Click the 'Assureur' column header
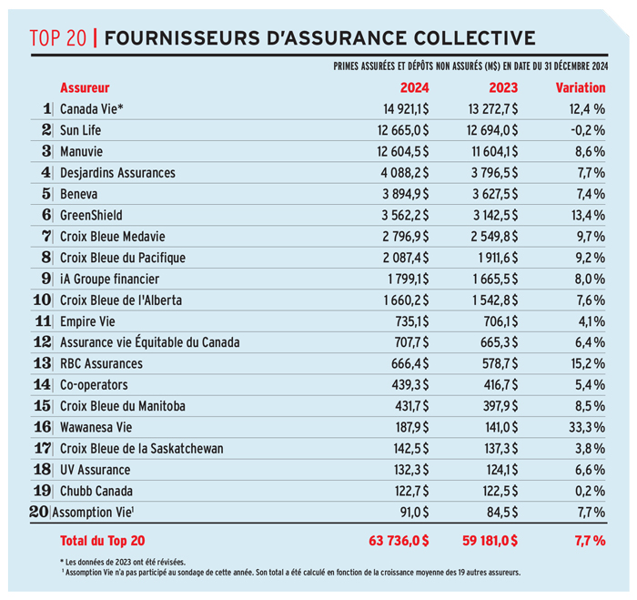[x=85, y=87]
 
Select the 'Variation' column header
[x=581, y=87]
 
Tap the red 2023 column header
[x=503, y=87]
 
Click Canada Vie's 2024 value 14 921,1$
[x=406, y=109]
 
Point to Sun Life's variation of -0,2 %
[x=588, y=130]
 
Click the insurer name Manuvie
[x=81, y=152]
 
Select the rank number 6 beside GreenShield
[x=46, y=215]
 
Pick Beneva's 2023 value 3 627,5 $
[x=495, y=194]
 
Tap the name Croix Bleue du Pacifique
[x=123, y=258]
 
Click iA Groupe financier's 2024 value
[x=408, y=279]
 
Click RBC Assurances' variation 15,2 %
[x=588, y=363]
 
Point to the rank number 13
[x=43, y=363]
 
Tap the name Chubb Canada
[x=96, y=491]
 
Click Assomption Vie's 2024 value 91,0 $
[x=414, y=513]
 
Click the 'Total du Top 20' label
[x=102, y=541]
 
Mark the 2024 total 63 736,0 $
[x=399, y=541]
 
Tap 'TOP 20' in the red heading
[x=57, y=38]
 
